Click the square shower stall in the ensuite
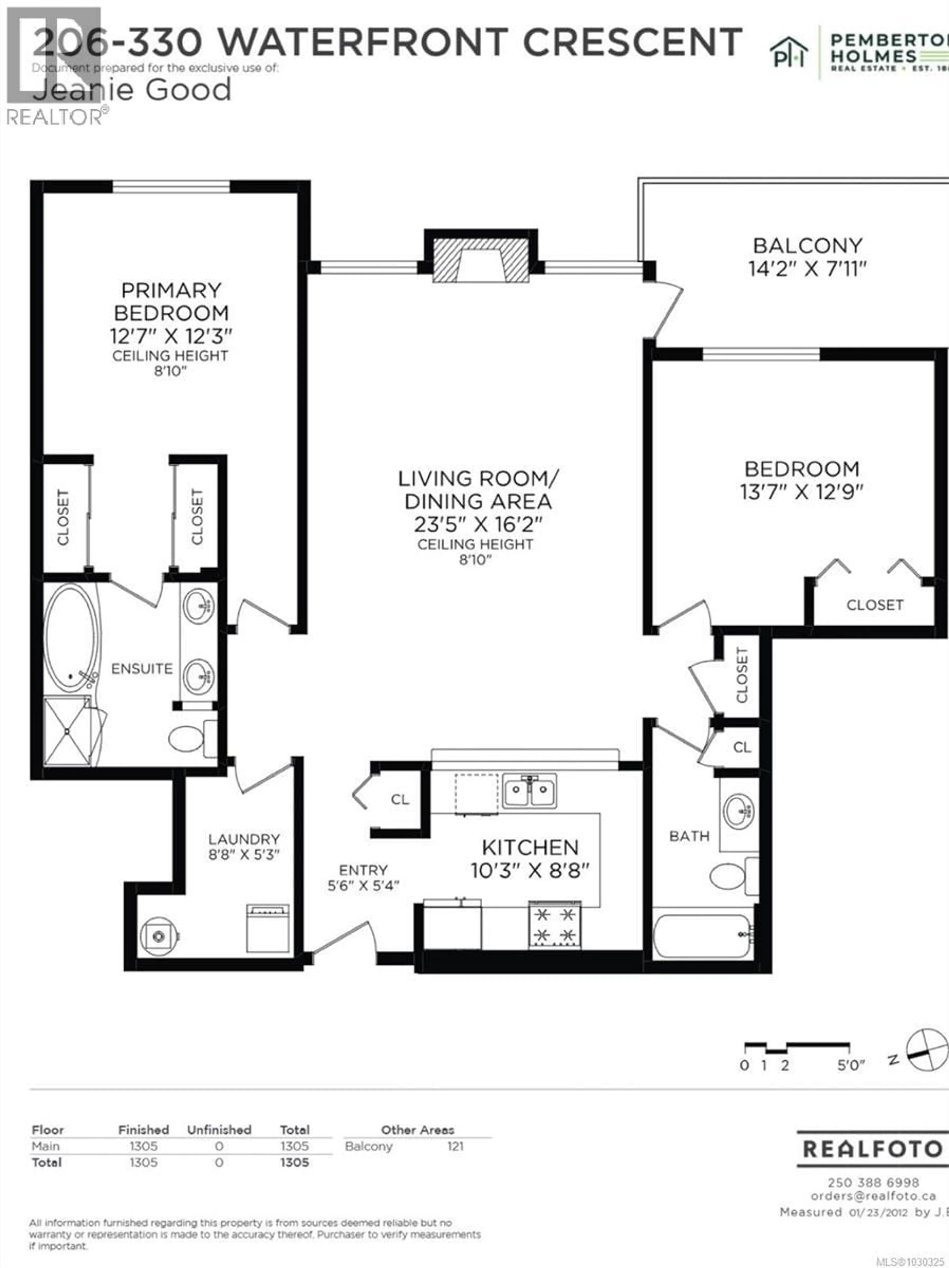coord(67,731)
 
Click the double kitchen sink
coord(529,791)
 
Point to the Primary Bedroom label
coord(171,301)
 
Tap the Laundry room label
coord(244,839)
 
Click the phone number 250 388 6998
coord(873,1182)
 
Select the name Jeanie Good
coord(132,90)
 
